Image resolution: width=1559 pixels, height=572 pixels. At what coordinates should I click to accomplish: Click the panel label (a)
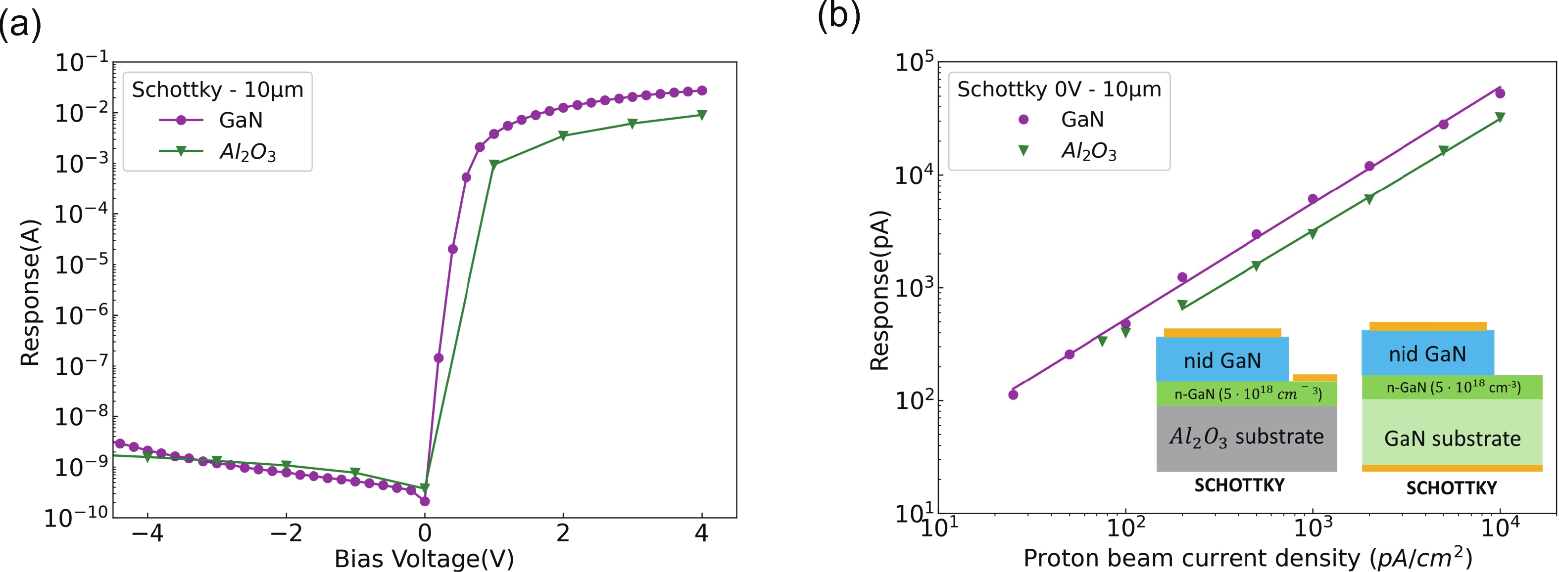click(x=20, y=25)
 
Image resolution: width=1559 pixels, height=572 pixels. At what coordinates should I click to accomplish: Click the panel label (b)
click(x=839, y=16)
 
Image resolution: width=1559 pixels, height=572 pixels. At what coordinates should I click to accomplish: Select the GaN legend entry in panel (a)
click(x=240, y=120)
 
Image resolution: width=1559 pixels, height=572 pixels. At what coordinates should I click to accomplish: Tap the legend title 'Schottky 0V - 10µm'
click(x=1059, y=89)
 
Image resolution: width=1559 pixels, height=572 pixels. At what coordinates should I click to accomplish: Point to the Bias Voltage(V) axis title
click(x=424, y=558)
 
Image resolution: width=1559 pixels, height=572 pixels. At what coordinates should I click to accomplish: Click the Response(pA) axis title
click(x=879, y=290)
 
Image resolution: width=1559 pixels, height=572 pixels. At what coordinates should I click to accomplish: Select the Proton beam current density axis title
click(x=1247, y=558)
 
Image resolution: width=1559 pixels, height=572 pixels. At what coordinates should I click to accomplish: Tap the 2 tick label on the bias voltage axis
click(x=563, y=533)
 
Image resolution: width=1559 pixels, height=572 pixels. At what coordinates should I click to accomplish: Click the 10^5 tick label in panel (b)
click(x=914, y=62)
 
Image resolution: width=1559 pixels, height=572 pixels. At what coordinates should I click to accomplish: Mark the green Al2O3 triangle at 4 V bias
click(x=702, y=115)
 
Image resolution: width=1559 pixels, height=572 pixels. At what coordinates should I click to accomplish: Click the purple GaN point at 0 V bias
click(x=425, y=501)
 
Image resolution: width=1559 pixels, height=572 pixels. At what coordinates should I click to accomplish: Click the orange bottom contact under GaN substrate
click(x=1451, y=468)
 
